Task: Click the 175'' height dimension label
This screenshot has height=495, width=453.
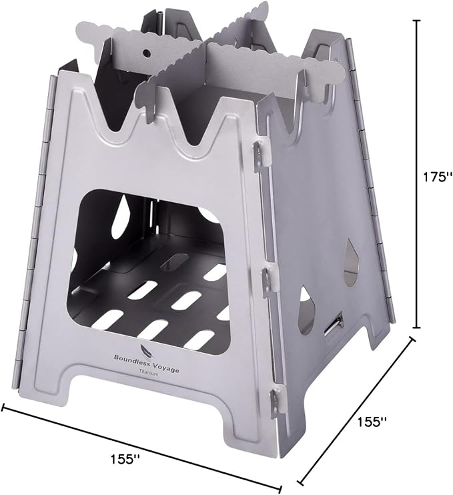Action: (x=434, y=177)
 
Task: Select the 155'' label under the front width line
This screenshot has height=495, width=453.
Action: (x=125, y=459)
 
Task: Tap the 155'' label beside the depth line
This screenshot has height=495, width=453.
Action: (x=372, y=421)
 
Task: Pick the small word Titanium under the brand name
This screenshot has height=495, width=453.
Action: (x=149, y=373)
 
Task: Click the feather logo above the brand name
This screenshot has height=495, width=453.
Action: (x=145, y=350)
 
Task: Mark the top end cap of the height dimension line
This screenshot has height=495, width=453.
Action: (x=418, y=21)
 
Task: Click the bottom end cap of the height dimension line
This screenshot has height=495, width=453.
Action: (x=418, y=328)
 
